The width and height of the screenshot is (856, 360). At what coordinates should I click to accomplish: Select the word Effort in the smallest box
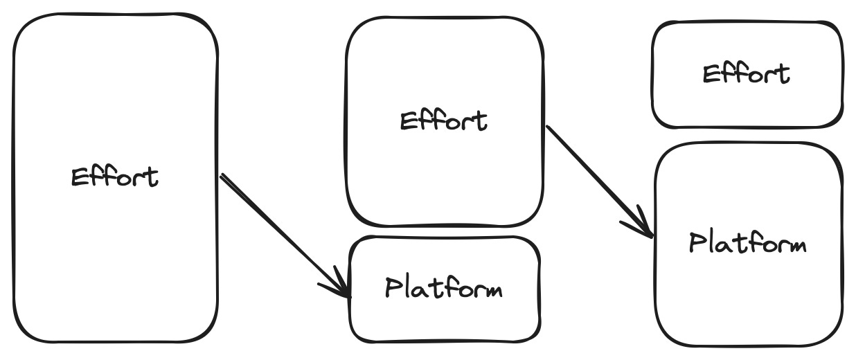point(746,73)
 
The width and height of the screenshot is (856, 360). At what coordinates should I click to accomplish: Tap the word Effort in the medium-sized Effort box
point(443,120)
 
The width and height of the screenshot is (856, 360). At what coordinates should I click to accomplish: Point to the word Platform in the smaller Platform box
point(443,287)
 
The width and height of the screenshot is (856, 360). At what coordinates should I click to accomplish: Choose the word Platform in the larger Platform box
point(747,244)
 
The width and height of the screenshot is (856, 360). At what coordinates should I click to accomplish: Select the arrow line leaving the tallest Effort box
point(277,228)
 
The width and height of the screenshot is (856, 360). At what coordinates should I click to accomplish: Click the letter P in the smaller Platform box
point(393,287)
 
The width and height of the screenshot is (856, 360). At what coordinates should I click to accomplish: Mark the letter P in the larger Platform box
point(697,242)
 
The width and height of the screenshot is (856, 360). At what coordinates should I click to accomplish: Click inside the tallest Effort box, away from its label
point(114,277)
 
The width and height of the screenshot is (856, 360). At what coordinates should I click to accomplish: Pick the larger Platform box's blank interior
point(748,305)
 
